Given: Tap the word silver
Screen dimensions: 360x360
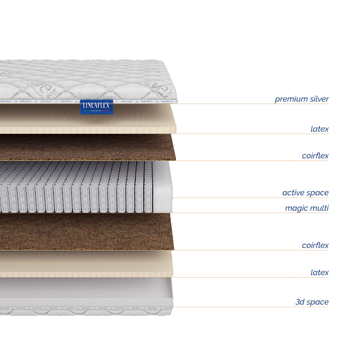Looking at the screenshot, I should tap(315, 99).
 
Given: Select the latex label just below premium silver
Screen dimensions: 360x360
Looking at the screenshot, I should tap(319, 129).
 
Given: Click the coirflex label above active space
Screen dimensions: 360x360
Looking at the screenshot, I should tap(315, 156).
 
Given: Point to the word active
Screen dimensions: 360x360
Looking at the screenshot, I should tap(293, 193).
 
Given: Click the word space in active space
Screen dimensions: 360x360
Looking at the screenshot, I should tap(317, 193).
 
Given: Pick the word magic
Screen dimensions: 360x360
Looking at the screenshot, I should tap(296, 208).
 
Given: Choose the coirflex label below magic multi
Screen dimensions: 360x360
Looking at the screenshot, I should tap(315, 246).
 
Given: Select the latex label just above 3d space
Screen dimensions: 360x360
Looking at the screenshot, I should tap(319, 273).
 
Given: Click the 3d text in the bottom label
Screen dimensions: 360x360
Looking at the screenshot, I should tap(301, 302).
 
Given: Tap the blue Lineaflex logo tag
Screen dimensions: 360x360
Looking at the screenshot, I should tap(96, 106).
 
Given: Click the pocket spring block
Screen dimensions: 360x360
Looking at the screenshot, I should tap(77, 188).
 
